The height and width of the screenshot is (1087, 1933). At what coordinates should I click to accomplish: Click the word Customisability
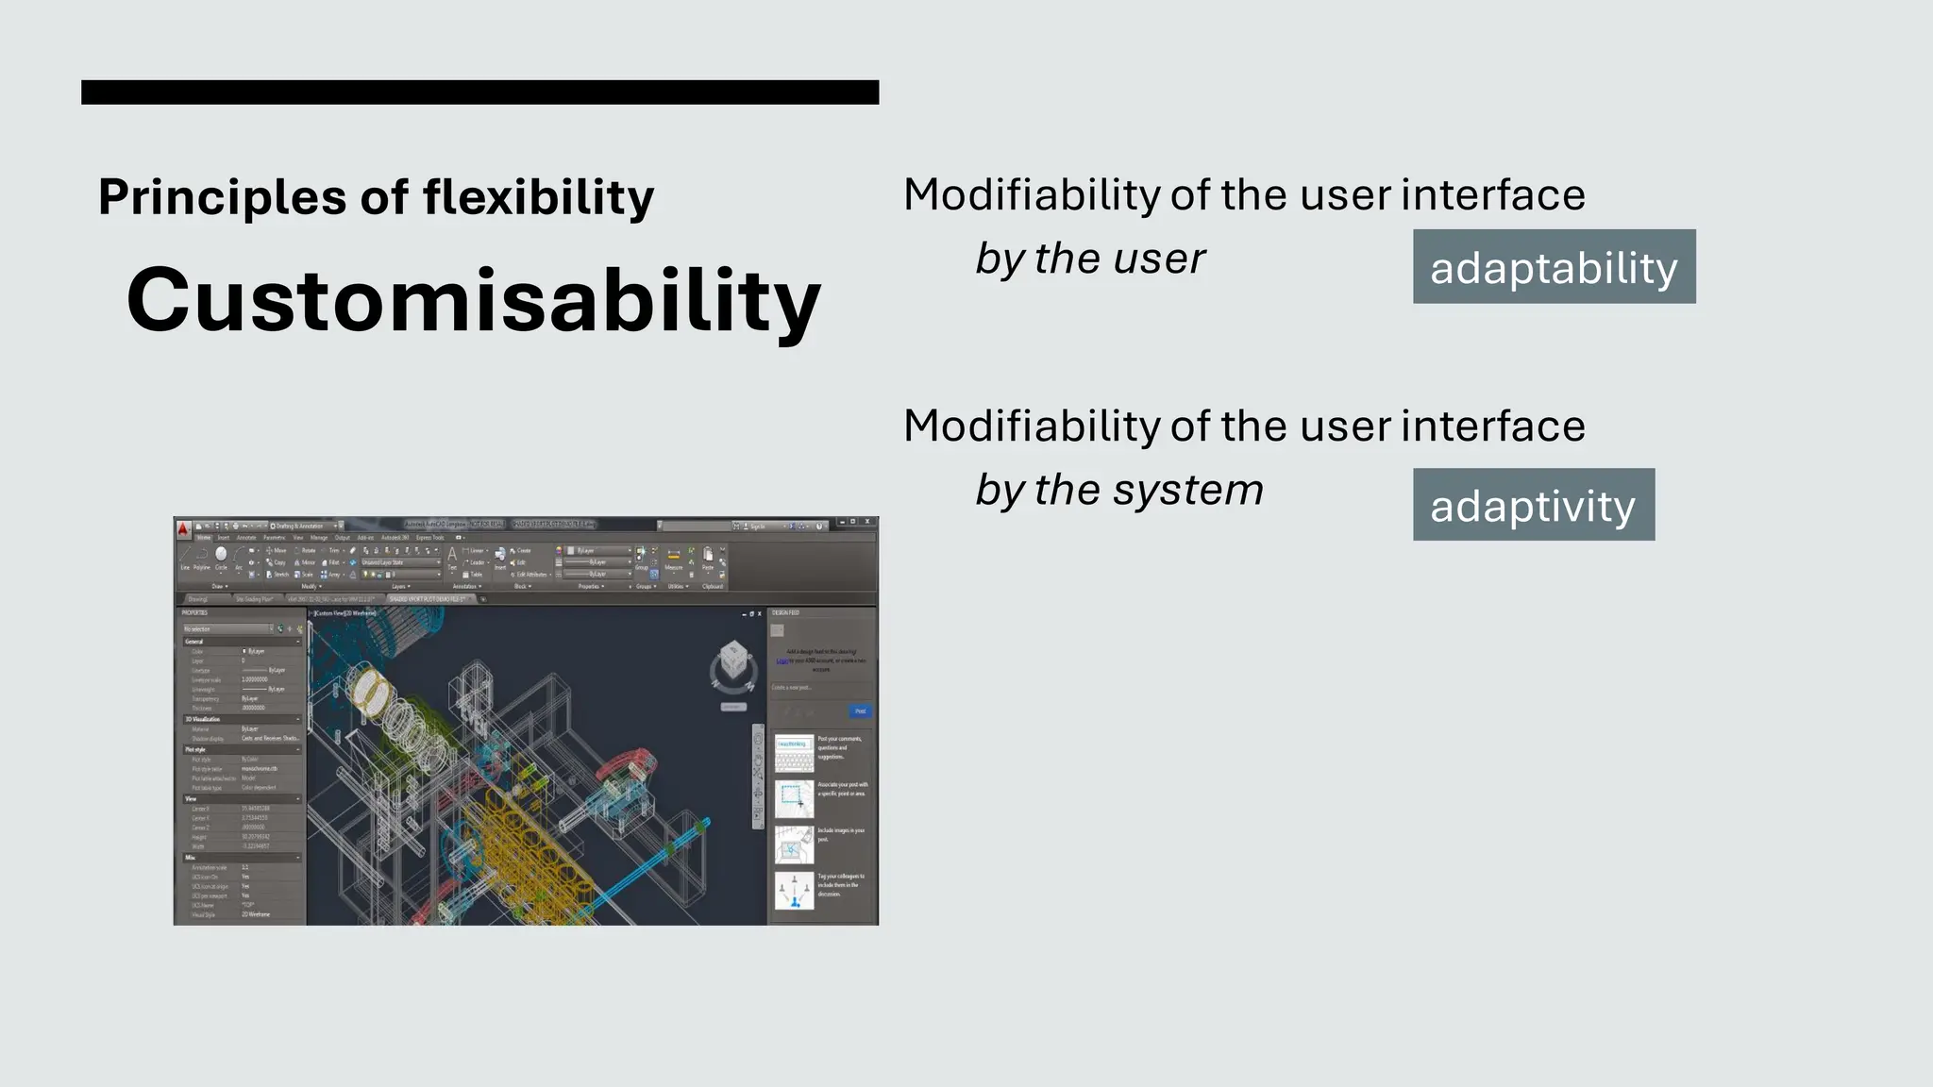(x=473, y=300)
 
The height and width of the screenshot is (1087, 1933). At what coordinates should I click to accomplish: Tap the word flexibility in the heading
(x=538, y=198)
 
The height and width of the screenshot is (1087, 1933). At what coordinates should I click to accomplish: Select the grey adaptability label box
(x=1554, y=267)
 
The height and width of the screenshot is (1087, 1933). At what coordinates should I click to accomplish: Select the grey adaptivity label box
(x=1533, y=505)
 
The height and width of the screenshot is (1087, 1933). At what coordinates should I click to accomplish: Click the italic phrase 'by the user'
(x=1090, y=259)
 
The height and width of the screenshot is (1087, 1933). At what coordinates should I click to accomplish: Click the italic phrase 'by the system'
(x=1119, y=490)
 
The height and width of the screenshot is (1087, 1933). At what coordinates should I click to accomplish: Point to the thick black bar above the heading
(x=479, y=92)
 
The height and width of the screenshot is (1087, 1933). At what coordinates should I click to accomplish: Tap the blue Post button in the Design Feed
(x=860, y=711)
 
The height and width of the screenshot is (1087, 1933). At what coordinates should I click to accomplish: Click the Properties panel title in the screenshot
(x=195, y=612)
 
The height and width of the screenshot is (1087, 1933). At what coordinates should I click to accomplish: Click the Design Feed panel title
(x=786, y=612)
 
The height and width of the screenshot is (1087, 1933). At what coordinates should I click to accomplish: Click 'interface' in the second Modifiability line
(x=1493, y=426)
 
